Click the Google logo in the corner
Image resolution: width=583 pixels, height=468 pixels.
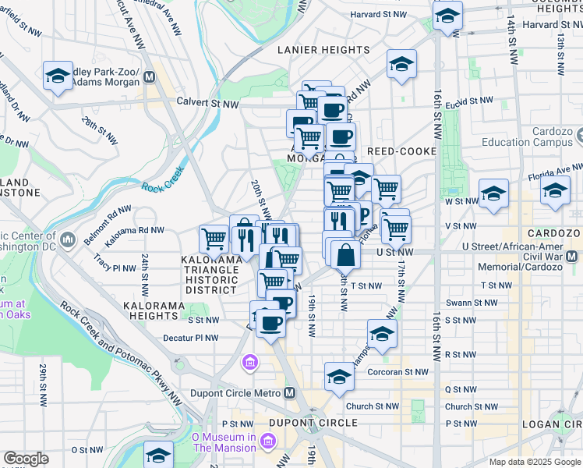tap(26, 459)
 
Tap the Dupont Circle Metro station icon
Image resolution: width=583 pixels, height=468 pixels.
tap(290, 392)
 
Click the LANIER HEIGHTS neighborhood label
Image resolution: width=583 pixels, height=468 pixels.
tap(324, 50)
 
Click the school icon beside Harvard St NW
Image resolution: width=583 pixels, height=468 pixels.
tap(447, 16)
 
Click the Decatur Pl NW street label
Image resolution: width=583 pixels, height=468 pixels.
tap(190, 338)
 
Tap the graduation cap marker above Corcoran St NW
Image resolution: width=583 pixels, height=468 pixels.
tap(339, 376)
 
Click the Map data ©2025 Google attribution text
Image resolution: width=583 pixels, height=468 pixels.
tap(535, 462)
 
